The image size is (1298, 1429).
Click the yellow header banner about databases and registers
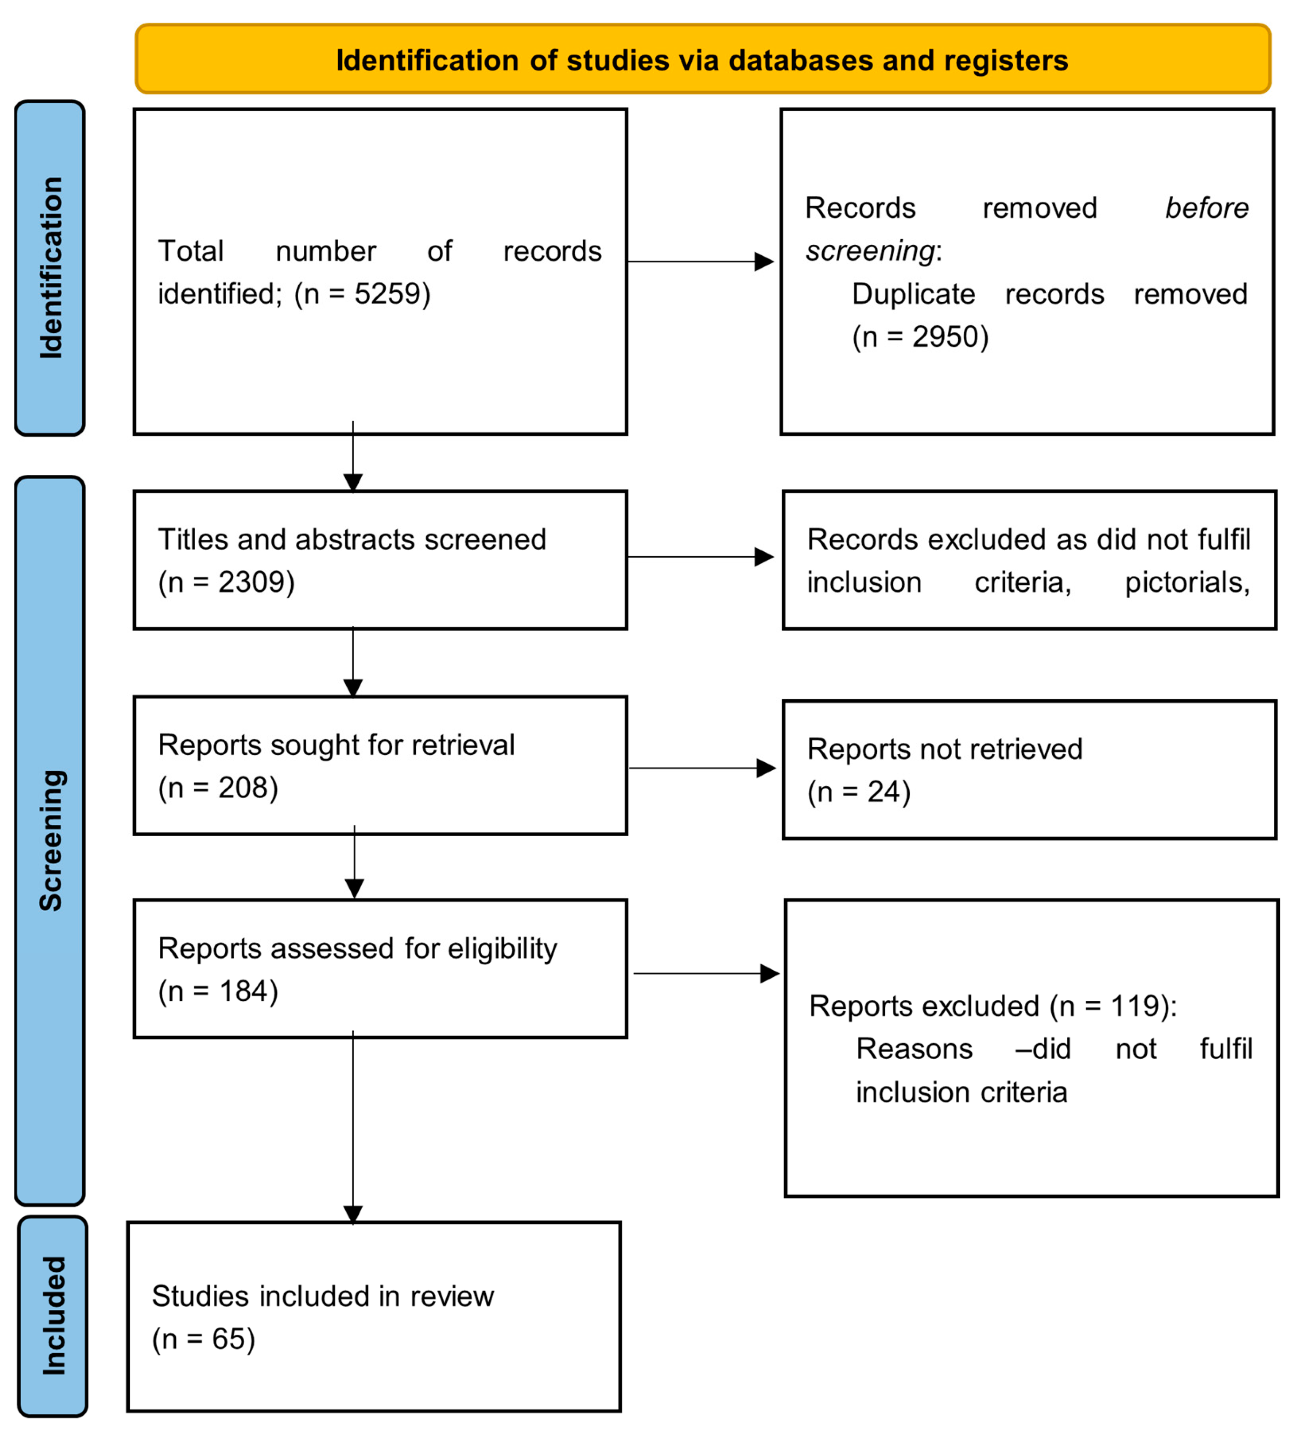(x=701, y=60)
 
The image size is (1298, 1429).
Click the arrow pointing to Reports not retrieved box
(x=701, y=768)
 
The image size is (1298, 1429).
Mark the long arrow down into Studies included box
(x=353, y=1134)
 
